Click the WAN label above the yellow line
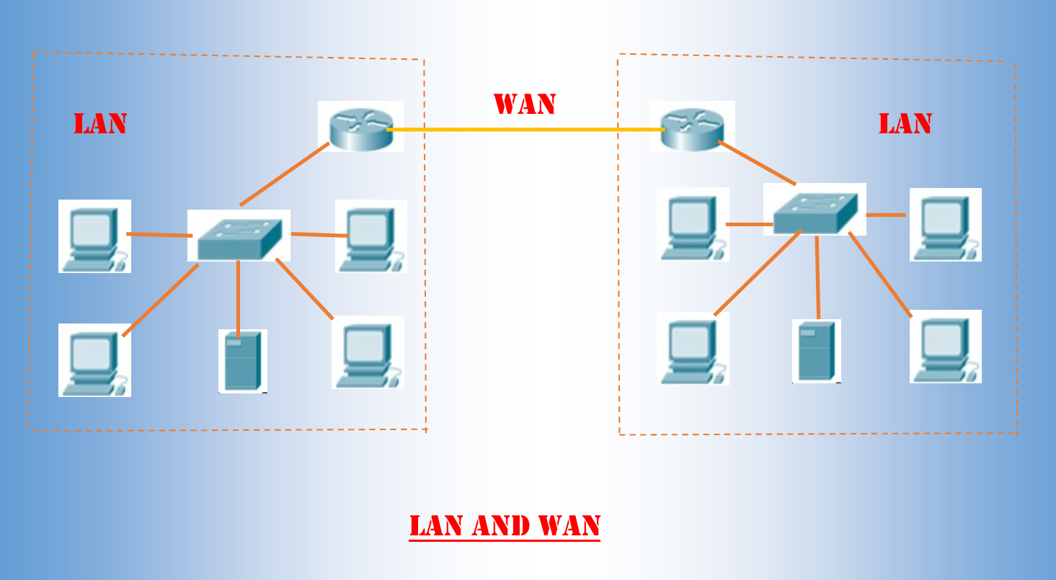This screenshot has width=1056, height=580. point(524,104)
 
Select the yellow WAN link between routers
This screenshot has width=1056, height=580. point(524,130)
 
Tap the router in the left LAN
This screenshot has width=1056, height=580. point(361,126)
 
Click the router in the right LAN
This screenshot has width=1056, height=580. point(692,126)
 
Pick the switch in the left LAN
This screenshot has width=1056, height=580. point(239,236)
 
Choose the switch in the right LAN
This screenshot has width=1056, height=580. point(815,210)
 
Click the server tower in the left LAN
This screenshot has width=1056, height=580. point(242,361)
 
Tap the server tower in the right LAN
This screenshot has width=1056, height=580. point(816,351)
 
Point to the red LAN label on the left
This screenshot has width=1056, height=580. point(100,124)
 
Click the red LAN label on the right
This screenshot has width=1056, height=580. point(905,124)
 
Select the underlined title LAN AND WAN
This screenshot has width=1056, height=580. point(505,526)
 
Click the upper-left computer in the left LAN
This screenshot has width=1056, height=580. point(94,236)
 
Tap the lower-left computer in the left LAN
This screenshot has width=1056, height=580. point(94,360)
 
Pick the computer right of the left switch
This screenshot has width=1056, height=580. point(371,236)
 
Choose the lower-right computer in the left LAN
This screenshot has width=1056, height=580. point(368,352)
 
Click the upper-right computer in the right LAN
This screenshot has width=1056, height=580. point(945,224)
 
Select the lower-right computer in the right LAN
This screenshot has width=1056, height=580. point(945,347)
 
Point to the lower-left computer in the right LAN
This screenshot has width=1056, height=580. point(693,349)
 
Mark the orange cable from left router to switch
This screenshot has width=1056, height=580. point(285,174)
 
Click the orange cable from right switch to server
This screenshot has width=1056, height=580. point(817,277)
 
